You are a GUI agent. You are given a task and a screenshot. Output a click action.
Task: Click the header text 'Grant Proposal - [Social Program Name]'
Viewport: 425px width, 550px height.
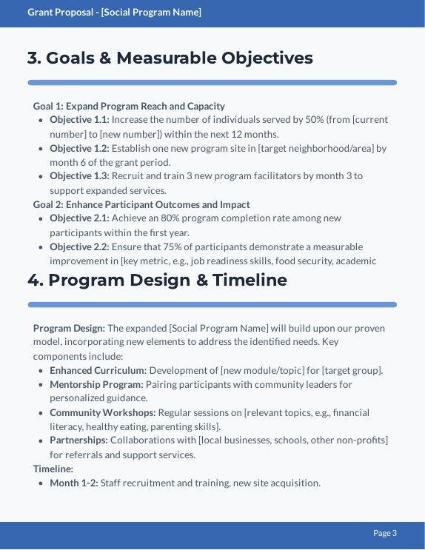coord(114,13)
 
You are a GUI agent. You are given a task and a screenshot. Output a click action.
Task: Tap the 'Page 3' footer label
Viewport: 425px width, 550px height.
coord(385,533)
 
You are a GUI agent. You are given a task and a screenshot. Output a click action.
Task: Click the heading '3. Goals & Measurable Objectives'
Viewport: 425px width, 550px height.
coord(170,58)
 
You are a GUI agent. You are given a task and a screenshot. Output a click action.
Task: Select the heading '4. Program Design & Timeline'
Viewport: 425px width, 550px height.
coord(157,280)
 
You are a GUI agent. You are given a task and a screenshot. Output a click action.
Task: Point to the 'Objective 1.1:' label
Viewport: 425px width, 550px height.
coord(79,120)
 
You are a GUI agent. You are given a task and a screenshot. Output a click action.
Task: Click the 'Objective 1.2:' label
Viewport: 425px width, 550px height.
coord(79,148)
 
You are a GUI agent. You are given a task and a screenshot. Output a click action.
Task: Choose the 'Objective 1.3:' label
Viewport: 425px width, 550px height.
coord(79,176)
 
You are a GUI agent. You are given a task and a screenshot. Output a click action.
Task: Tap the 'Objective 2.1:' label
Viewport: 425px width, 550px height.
coord(79,218)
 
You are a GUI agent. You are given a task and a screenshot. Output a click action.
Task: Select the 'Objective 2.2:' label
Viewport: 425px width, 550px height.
coord(79,247)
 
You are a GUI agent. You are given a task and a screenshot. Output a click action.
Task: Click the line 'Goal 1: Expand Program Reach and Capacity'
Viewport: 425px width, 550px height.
coord(129,107)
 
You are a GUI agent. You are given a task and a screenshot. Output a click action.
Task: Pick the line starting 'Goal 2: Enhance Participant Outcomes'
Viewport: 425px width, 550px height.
coord(141,204)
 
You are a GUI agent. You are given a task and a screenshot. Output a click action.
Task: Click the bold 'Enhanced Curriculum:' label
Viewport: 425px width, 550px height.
coord(98,370)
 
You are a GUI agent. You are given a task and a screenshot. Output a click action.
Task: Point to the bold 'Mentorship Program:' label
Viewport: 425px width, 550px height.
coord(96,384)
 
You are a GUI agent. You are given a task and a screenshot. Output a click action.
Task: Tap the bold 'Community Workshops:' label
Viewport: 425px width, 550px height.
coord(102,412)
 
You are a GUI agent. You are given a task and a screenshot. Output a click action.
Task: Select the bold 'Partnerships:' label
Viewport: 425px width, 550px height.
coord(78,440)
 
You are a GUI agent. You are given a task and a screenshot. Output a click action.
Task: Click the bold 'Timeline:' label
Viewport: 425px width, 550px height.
coord(53,469)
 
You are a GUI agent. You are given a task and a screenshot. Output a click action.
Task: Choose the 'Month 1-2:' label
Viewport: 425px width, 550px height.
coord(73,483)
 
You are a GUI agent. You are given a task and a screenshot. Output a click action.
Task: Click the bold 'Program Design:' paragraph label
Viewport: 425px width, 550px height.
coord(69,328)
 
